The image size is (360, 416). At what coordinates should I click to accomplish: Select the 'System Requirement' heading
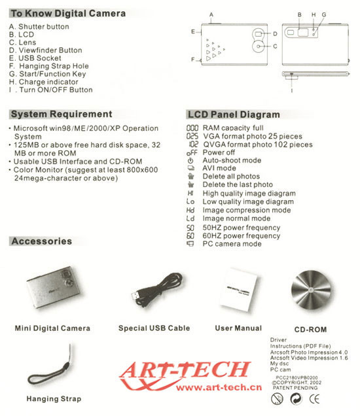[62, 114]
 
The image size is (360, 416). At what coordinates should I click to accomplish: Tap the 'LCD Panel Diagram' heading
[234, 114]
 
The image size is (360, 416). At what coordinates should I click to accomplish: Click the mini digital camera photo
[51, 288]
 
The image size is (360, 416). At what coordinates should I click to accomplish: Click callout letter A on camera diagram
[211, 14]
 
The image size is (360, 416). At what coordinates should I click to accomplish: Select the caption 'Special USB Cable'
[154, 328]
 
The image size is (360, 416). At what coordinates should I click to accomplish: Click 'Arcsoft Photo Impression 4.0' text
[309, 353]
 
